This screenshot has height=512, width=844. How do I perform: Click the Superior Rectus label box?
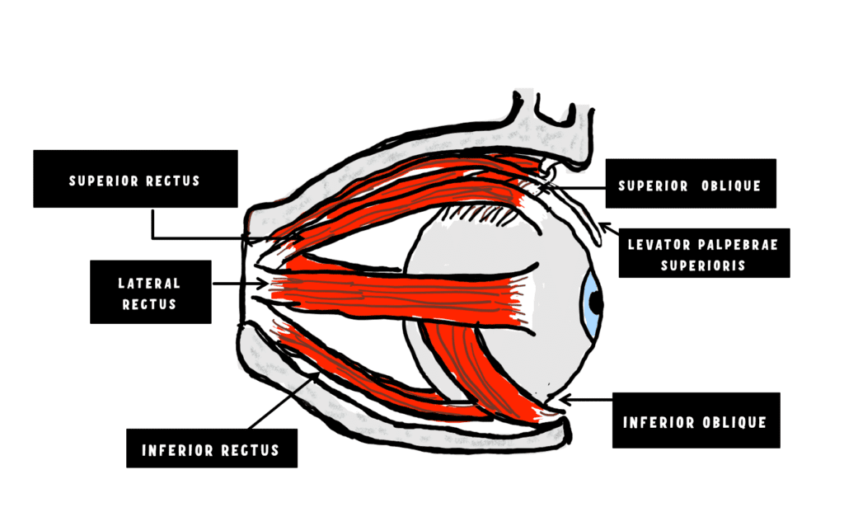135,179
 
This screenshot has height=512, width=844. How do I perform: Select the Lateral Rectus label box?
150,293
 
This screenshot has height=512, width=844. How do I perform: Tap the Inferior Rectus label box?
211,449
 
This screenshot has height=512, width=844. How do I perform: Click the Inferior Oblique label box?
695,421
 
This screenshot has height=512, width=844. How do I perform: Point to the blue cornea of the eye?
589,302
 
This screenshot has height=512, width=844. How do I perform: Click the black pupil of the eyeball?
596,303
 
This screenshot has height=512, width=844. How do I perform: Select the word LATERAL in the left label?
149,283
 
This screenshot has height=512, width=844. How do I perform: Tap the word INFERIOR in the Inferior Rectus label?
175,450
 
